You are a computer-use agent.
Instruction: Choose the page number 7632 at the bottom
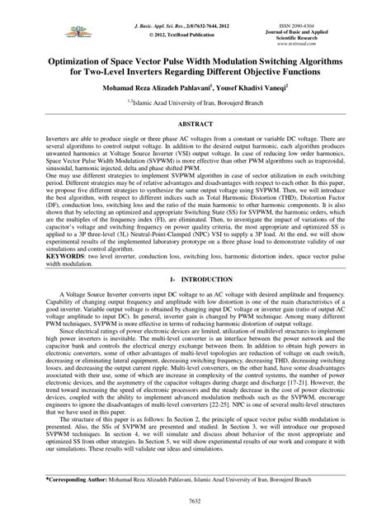click(195, 498)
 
